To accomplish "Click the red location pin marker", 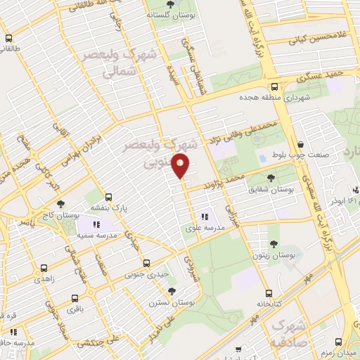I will pyautogui.click(x=181, y=167).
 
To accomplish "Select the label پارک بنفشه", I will pyautogui.click(x=108, y=208).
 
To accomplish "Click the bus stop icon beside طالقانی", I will pyautogui.click(x=9, y=39).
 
